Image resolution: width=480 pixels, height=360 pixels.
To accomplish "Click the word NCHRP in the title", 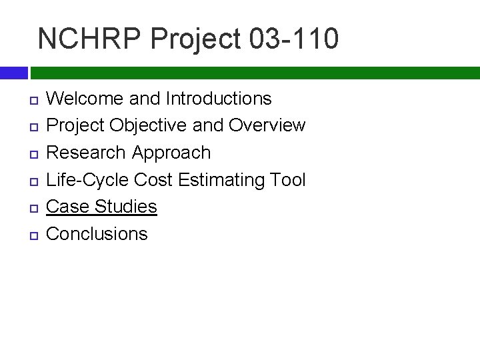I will (x=91, y=39).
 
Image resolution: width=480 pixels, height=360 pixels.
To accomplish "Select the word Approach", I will (x=171, y=153).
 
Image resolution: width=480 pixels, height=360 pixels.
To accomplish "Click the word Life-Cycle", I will (x=87, y=179).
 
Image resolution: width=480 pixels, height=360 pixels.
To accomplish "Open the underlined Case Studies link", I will (x=101, y=207).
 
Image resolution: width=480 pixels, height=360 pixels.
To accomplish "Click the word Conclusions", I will (x=97, y=233).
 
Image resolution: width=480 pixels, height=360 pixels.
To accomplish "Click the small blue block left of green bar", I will (x=13, y=73).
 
